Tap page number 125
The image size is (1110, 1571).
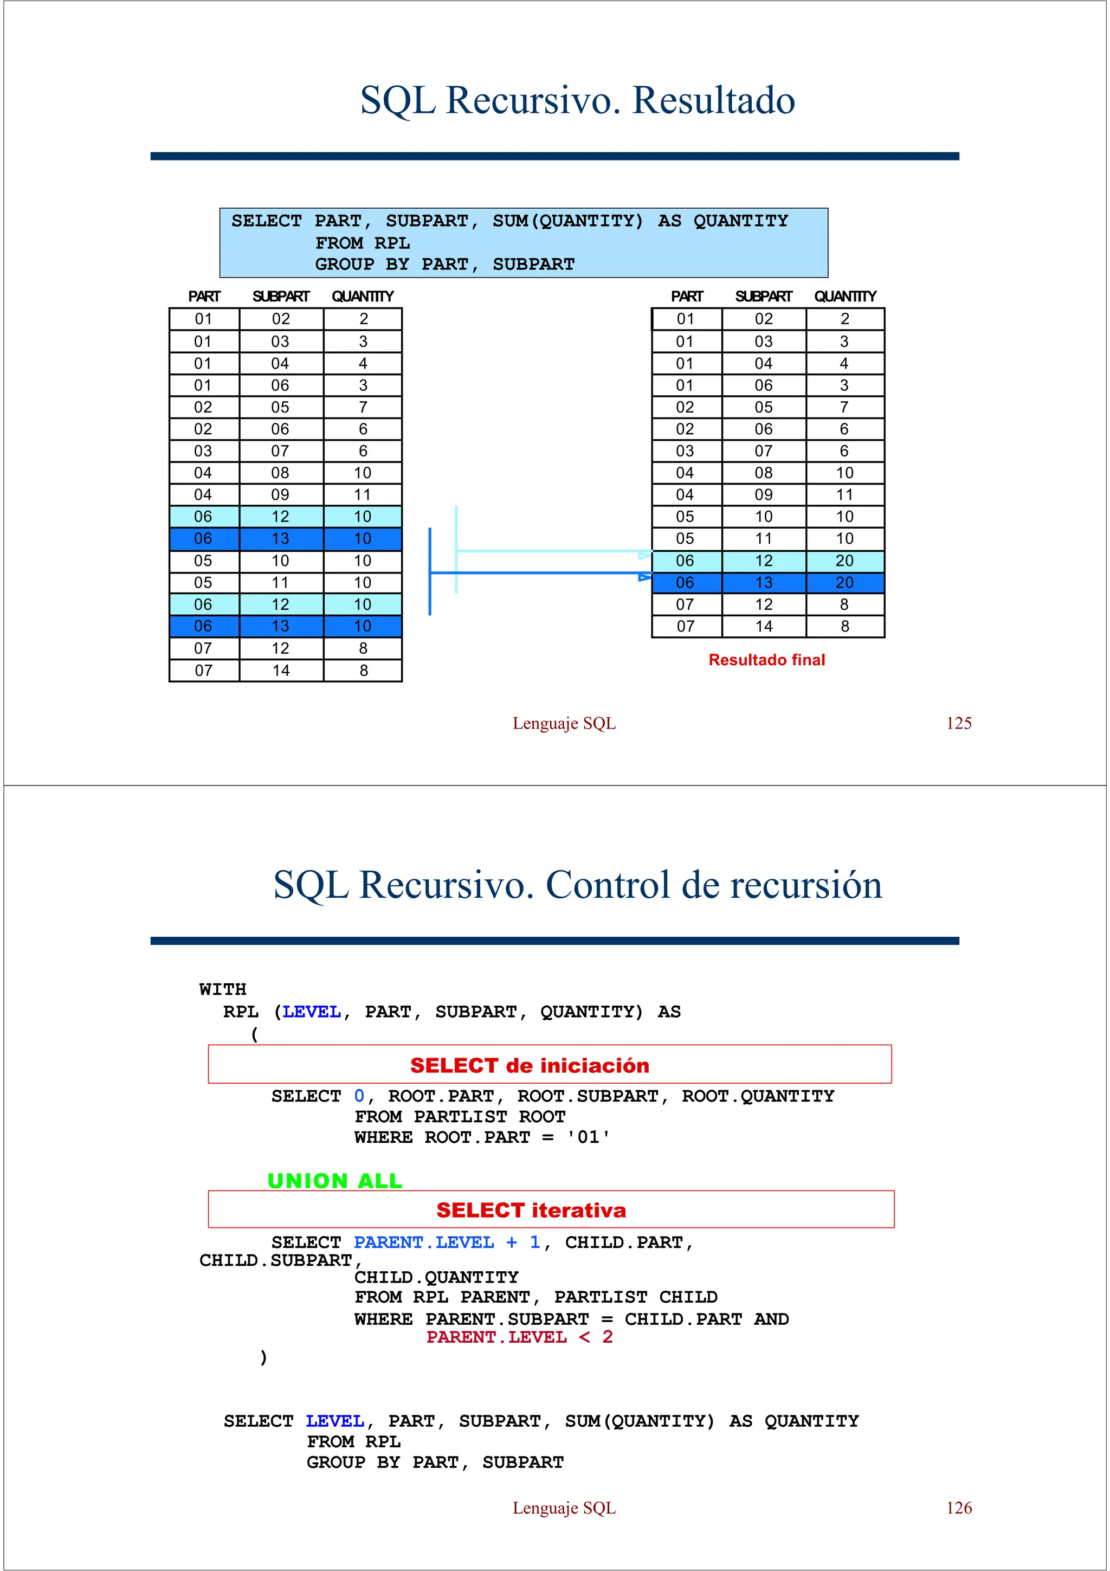(x=958, y=723)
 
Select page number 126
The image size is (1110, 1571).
(x=958, y=1508)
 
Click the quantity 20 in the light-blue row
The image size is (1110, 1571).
(x=844, y=561)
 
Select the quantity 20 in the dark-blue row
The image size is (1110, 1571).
(x=844, y=583)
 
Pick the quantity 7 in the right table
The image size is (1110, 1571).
(x=844, y=407)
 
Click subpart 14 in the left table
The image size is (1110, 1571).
(x=280, y=671)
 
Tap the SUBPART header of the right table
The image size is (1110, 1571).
(x=763, y=297)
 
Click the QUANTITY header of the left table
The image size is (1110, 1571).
(x=363, y=297)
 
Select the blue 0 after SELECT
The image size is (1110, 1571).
(x=359, y=1096)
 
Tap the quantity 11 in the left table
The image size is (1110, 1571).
(x=363, y=495)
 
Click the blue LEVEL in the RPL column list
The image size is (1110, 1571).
(x=311, y=1012)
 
